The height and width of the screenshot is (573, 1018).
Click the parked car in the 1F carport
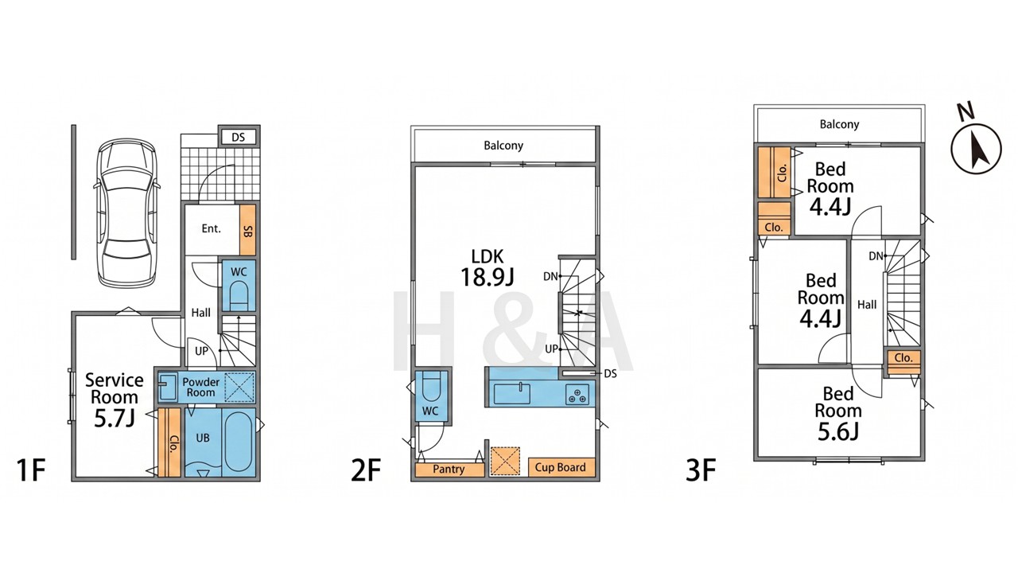click(126, 212)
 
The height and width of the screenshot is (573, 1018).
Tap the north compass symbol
click(976, 148)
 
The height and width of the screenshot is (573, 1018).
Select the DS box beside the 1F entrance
click(238, 137)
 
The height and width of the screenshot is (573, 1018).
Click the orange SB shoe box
click(247, 230)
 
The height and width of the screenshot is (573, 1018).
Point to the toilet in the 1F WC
click(239, 295)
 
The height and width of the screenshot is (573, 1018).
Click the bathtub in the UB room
click(238, 441)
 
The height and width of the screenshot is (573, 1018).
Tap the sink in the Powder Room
click(168, 387)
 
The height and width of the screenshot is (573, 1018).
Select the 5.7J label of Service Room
click(115, 419)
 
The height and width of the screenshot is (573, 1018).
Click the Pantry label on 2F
click(449, 469)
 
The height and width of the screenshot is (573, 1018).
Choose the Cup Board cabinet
click(561, 467)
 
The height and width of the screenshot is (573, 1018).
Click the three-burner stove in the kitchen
click(577, 395)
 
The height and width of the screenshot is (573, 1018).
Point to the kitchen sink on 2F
click(511, 393)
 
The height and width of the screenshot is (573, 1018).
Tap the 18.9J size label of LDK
click(488, 277)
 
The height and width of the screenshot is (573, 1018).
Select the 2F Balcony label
click(503, 146)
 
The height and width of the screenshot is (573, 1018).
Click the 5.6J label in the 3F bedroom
click(838, 431)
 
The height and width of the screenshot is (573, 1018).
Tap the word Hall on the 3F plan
click(867, 305)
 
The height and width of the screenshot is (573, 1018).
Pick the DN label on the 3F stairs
click(876, 256)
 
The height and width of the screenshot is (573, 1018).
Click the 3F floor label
click(701, 470)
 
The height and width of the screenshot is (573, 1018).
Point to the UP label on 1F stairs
click(201, 351)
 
